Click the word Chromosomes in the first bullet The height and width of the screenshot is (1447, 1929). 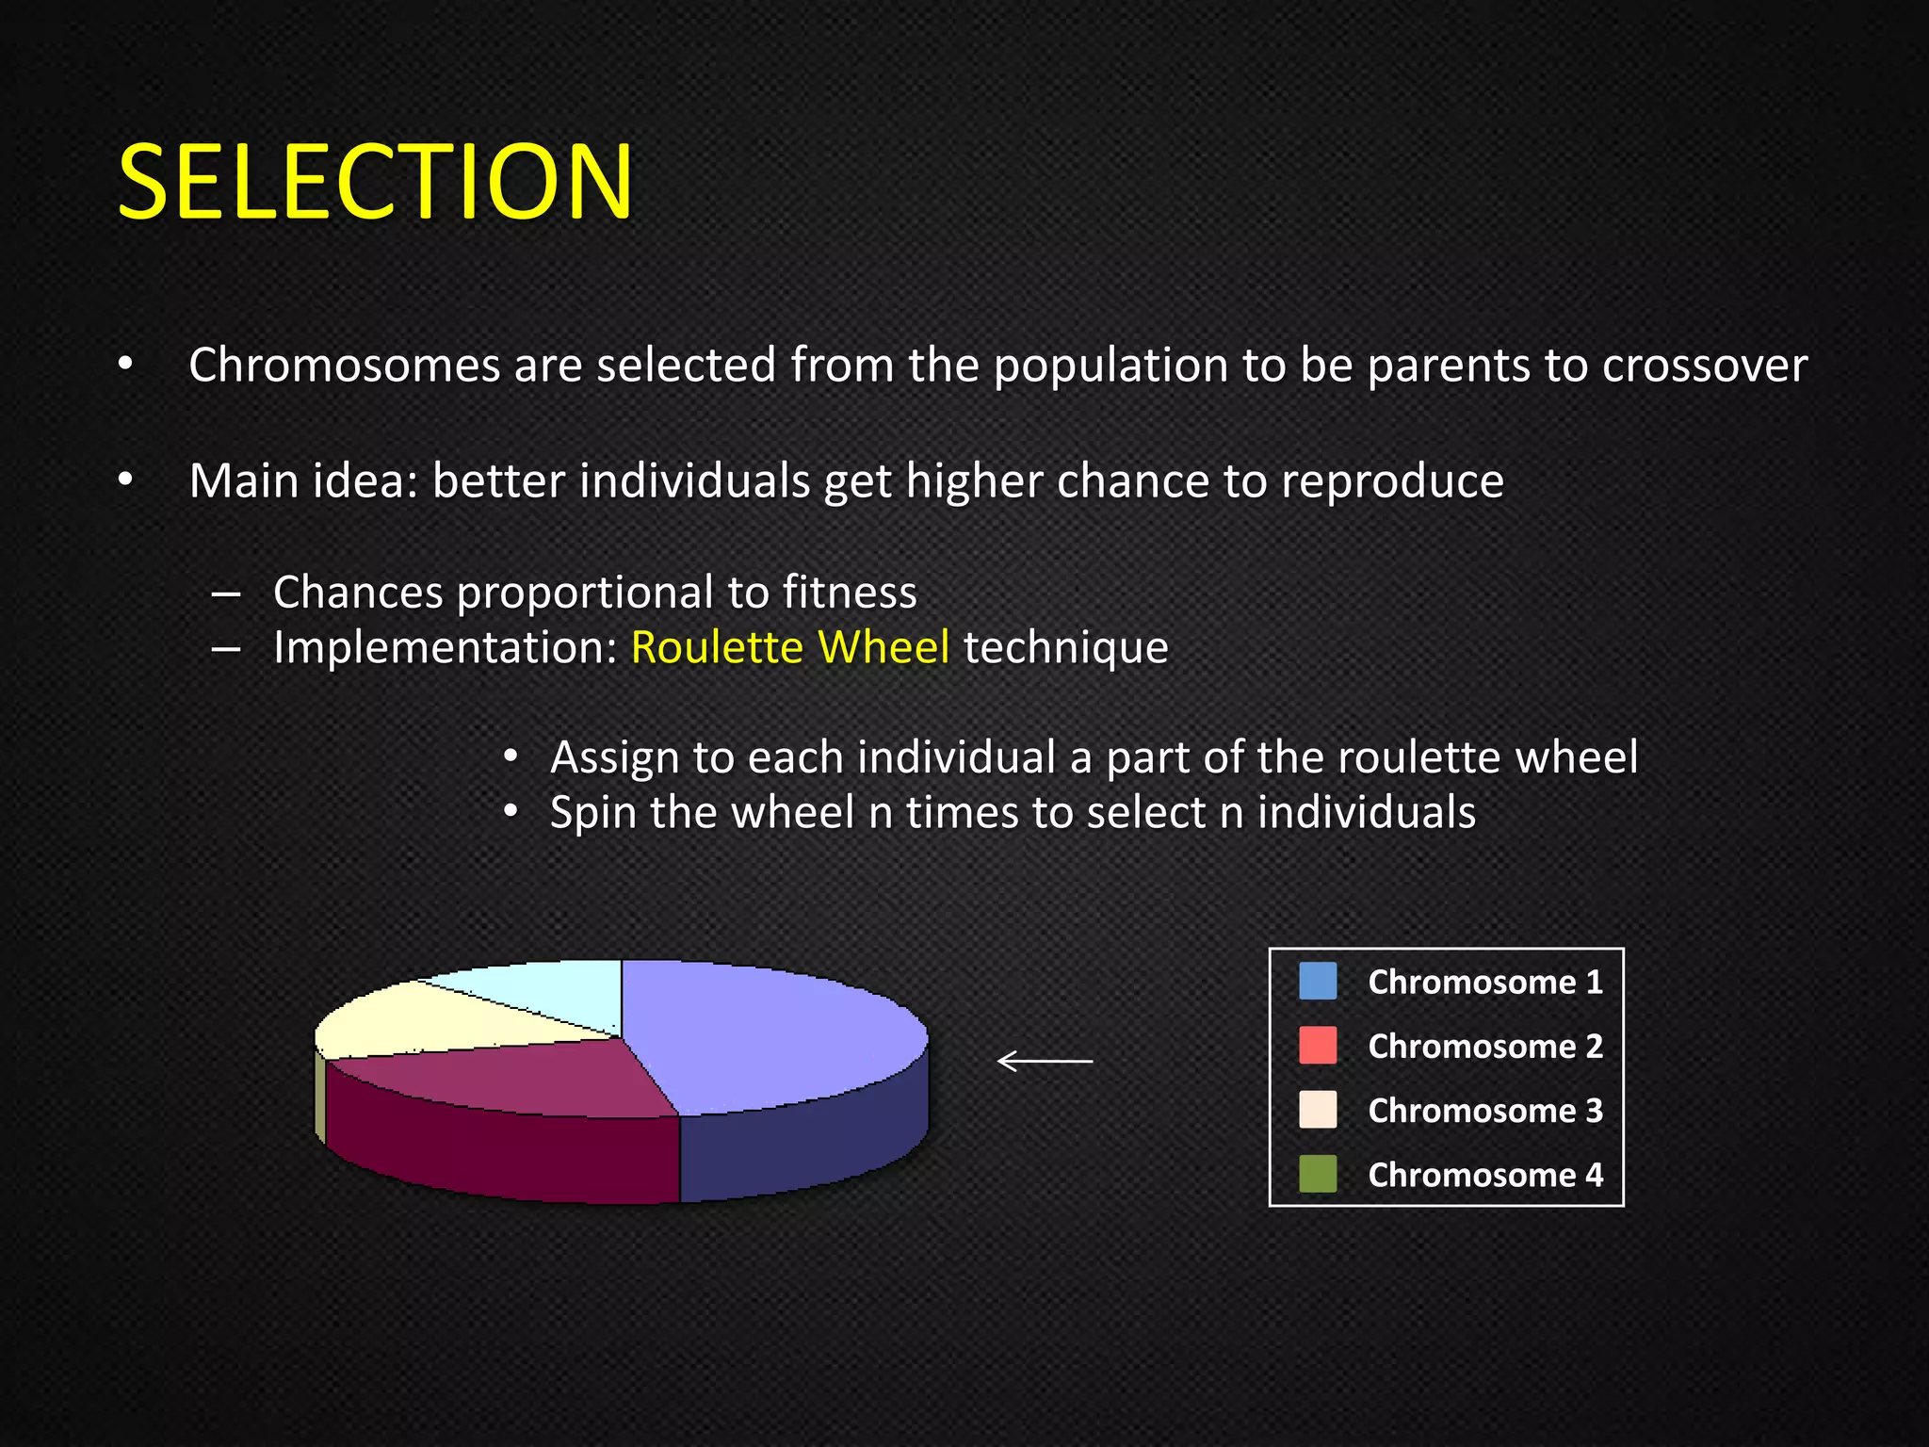(344, 366)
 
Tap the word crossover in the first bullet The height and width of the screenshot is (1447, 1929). (1705, 366)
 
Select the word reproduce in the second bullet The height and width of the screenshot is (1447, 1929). (1392, 481)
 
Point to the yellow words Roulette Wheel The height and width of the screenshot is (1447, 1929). (789, 648)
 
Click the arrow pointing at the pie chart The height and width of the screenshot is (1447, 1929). (1045, 1062)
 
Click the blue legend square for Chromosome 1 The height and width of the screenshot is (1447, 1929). (1317, 982)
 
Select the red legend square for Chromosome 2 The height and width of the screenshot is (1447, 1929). (1317, 1046)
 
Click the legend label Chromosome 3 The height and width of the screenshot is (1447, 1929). (1484, 1111)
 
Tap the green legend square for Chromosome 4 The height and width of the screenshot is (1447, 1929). (1317, 1175)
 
